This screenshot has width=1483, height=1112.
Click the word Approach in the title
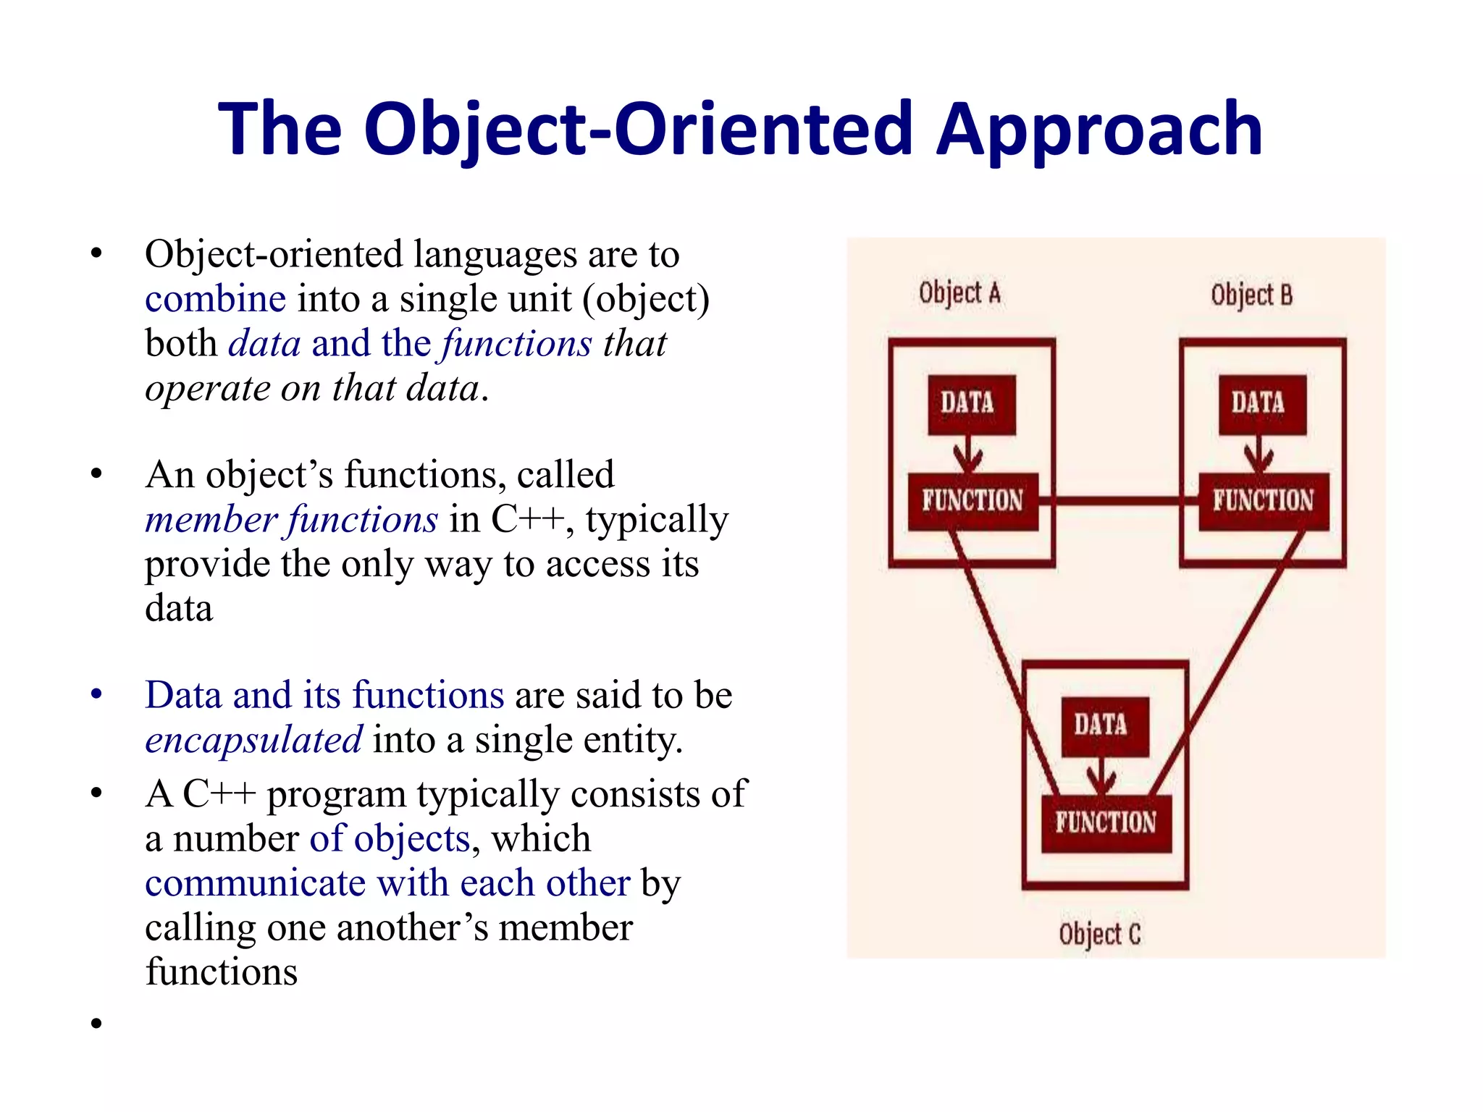[x=1098, y=130]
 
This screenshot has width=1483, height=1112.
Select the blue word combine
[x=215, y=299]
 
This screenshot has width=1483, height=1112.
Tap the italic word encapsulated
[x=253, y=740]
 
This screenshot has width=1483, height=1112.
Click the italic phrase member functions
[x=291, y=520]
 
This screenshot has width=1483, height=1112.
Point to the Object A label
[x=959, y=293]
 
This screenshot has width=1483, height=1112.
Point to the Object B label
[x=1251, y=295]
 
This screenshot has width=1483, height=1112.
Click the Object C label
[x=1099, y=934]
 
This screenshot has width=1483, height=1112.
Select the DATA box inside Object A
[x=971, y=403]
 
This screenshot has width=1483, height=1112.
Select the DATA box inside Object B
[x=1262, y=403]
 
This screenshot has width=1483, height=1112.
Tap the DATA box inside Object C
[x=1104, y=725]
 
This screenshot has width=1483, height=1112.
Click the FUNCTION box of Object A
[x=972, y=501]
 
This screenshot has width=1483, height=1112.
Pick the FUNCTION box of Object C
[x=1106, y=823]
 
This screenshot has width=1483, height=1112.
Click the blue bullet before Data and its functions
[x=96, y=694]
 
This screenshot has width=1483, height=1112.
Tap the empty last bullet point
[x=96, y=1023]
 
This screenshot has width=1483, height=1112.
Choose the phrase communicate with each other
[x=387, y=883]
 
